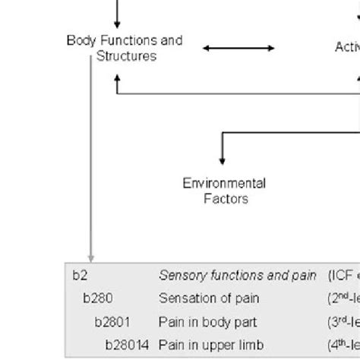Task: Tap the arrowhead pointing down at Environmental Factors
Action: coord(222,160)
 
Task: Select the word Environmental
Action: coord(223,183)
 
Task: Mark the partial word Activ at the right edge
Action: coord(347,47)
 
